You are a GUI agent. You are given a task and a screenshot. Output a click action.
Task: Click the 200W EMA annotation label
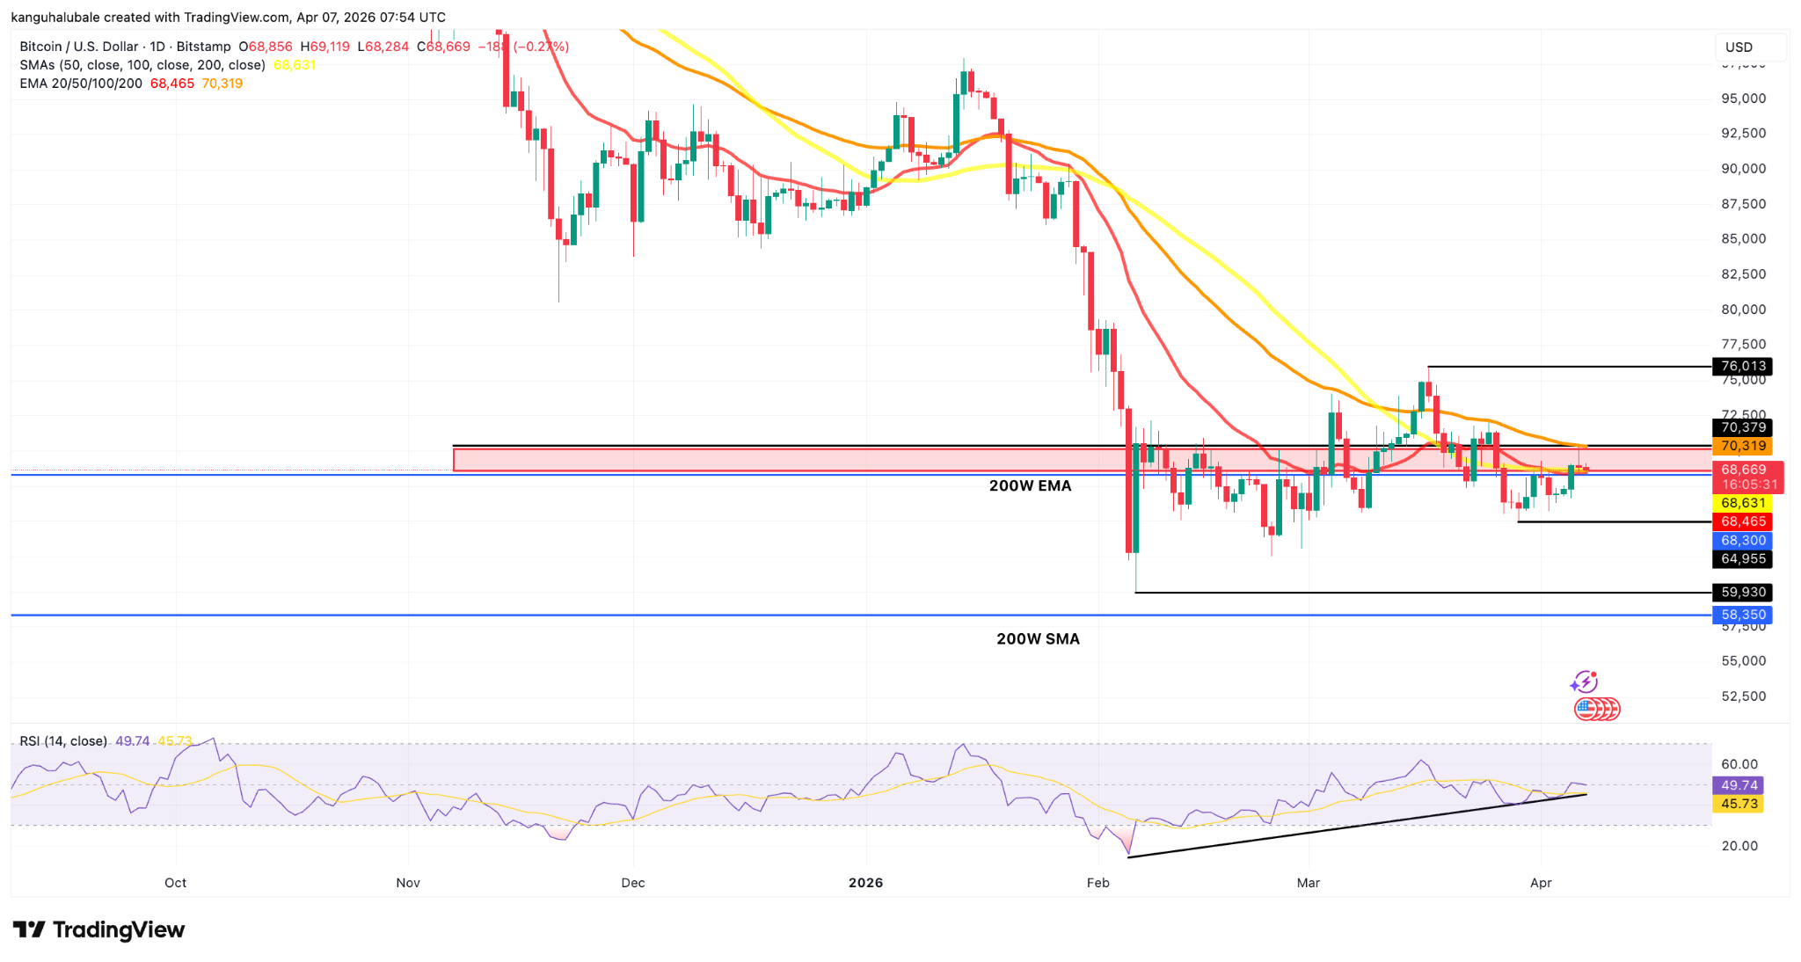pos(1030,485)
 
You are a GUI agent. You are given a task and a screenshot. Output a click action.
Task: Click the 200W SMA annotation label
pos(1038,639)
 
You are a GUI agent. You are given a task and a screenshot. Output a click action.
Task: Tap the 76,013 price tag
pos(1742,366)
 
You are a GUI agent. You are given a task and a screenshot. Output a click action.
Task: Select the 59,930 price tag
pos(1742,592)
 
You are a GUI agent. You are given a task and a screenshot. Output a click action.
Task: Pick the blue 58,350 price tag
pos(1742,615)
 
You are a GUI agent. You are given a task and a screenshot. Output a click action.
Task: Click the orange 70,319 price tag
pos(1742,446)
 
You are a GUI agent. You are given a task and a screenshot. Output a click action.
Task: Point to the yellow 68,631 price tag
pos(1742,503)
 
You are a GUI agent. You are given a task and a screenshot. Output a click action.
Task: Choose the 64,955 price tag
pos(1742,558)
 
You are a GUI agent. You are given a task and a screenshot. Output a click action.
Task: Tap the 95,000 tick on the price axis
pos(1743,98)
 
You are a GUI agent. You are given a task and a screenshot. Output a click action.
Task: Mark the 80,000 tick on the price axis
pos(1743,310)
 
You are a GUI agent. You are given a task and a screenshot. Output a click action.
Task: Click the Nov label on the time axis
pos(408,883)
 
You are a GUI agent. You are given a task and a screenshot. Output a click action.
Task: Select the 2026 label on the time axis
pos(865,883)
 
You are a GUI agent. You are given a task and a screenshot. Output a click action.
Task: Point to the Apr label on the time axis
pos(1541,883)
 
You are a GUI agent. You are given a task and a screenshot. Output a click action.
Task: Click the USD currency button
pos(1739,47)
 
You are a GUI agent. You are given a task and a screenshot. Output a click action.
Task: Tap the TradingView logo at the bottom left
pos(98,929)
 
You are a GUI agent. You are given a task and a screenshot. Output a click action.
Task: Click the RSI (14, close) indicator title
pos(63,741)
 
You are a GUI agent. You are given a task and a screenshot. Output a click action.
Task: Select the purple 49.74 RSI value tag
pos(1739,785)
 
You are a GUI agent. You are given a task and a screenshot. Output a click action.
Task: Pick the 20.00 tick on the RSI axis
pos(1739,846)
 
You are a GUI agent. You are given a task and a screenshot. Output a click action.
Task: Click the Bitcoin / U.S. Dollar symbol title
pos(79,47)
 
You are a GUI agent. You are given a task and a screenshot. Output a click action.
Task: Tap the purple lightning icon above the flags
pos(1584,681)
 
